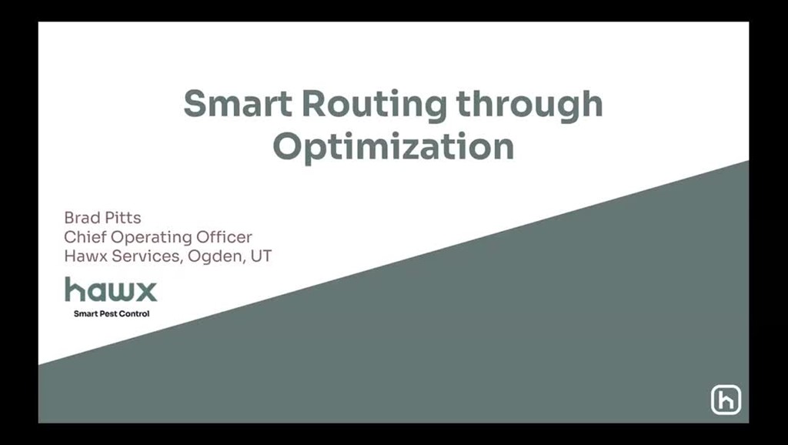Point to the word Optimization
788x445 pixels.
pos(393,146)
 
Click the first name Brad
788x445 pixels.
pos(82,218)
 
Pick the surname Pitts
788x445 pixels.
pos(123,218)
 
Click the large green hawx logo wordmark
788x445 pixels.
pos(111,289)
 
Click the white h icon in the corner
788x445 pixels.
pos(726,400)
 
